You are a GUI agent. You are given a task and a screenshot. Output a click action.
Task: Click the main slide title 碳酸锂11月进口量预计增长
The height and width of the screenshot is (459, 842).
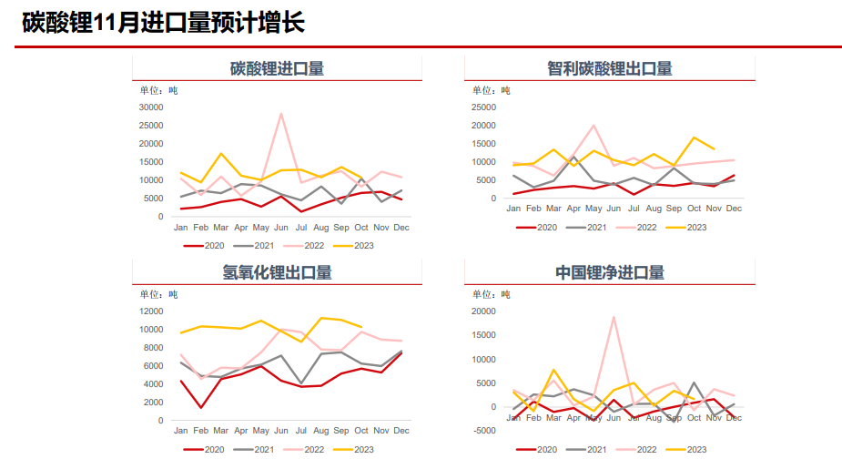(163, 23)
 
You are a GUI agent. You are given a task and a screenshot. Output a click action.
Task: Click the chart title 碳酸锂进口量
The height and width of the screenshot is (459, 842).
(277, 68)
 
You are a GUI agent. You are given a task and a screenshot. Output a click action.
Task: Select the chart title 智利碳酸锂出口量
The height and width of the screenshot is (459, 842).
(609, 68)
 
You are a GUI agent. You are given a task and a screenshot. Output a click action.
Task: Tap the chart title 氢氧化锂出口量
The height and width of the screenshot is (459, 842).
(277, 272)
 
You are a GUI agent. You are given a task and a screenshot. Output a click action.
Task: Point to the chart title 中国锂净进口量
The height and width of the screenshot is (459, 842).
(609, 272)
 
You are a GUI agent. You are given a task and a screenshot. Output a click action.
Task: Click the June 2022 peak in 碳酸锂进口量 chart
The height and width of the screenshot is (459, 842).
(281, 114)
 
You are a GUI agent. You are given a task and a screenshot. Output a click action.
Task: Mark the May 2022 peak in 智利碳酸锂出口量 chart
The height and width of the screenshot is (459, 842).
(593, 126)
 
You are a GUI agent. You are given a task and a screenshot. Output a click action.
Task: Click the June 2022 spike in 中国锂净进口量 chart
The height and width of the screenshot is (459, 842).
(614, 317)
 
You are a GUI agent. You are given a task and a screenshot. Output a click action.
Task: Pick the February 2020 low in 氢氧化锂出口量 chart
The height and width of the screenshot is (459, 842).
(201, 407)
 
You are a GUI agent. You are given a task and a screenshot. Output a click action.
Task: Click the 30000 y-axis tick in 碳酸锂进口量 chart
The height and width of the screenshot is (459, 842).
(149, 107)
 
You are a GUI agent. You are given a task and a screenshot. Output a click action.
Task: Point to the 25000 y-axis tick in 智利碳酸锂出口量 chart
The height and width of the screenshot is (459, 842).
(482, 107)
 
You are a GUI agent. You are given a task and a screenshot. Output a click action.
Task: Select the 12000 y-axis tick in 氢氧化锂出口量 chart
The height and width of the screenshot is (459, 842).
(149, 311)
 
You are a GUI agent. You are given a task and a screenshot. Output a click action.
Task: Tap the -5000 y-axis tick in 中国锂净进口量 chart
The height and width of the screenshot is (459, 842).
(482, 431)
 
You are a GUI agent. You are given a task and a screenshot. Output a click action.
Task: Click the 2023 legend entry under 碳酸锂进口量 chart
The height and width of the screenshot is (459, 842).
(354, 245)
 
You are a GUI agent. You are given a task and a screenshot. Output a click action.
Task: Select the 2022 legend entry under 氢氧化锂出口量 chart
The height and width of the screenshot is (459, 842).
(304, 449)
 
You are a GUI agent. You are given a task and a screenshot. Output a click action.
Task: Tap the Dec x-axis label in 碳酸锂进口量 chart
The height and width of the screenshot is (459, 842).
(401, 227)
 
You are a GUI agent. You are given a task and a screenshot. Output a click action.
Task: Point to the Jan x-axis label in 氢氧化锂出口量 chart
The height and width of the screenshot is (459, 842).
(181, 431)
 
